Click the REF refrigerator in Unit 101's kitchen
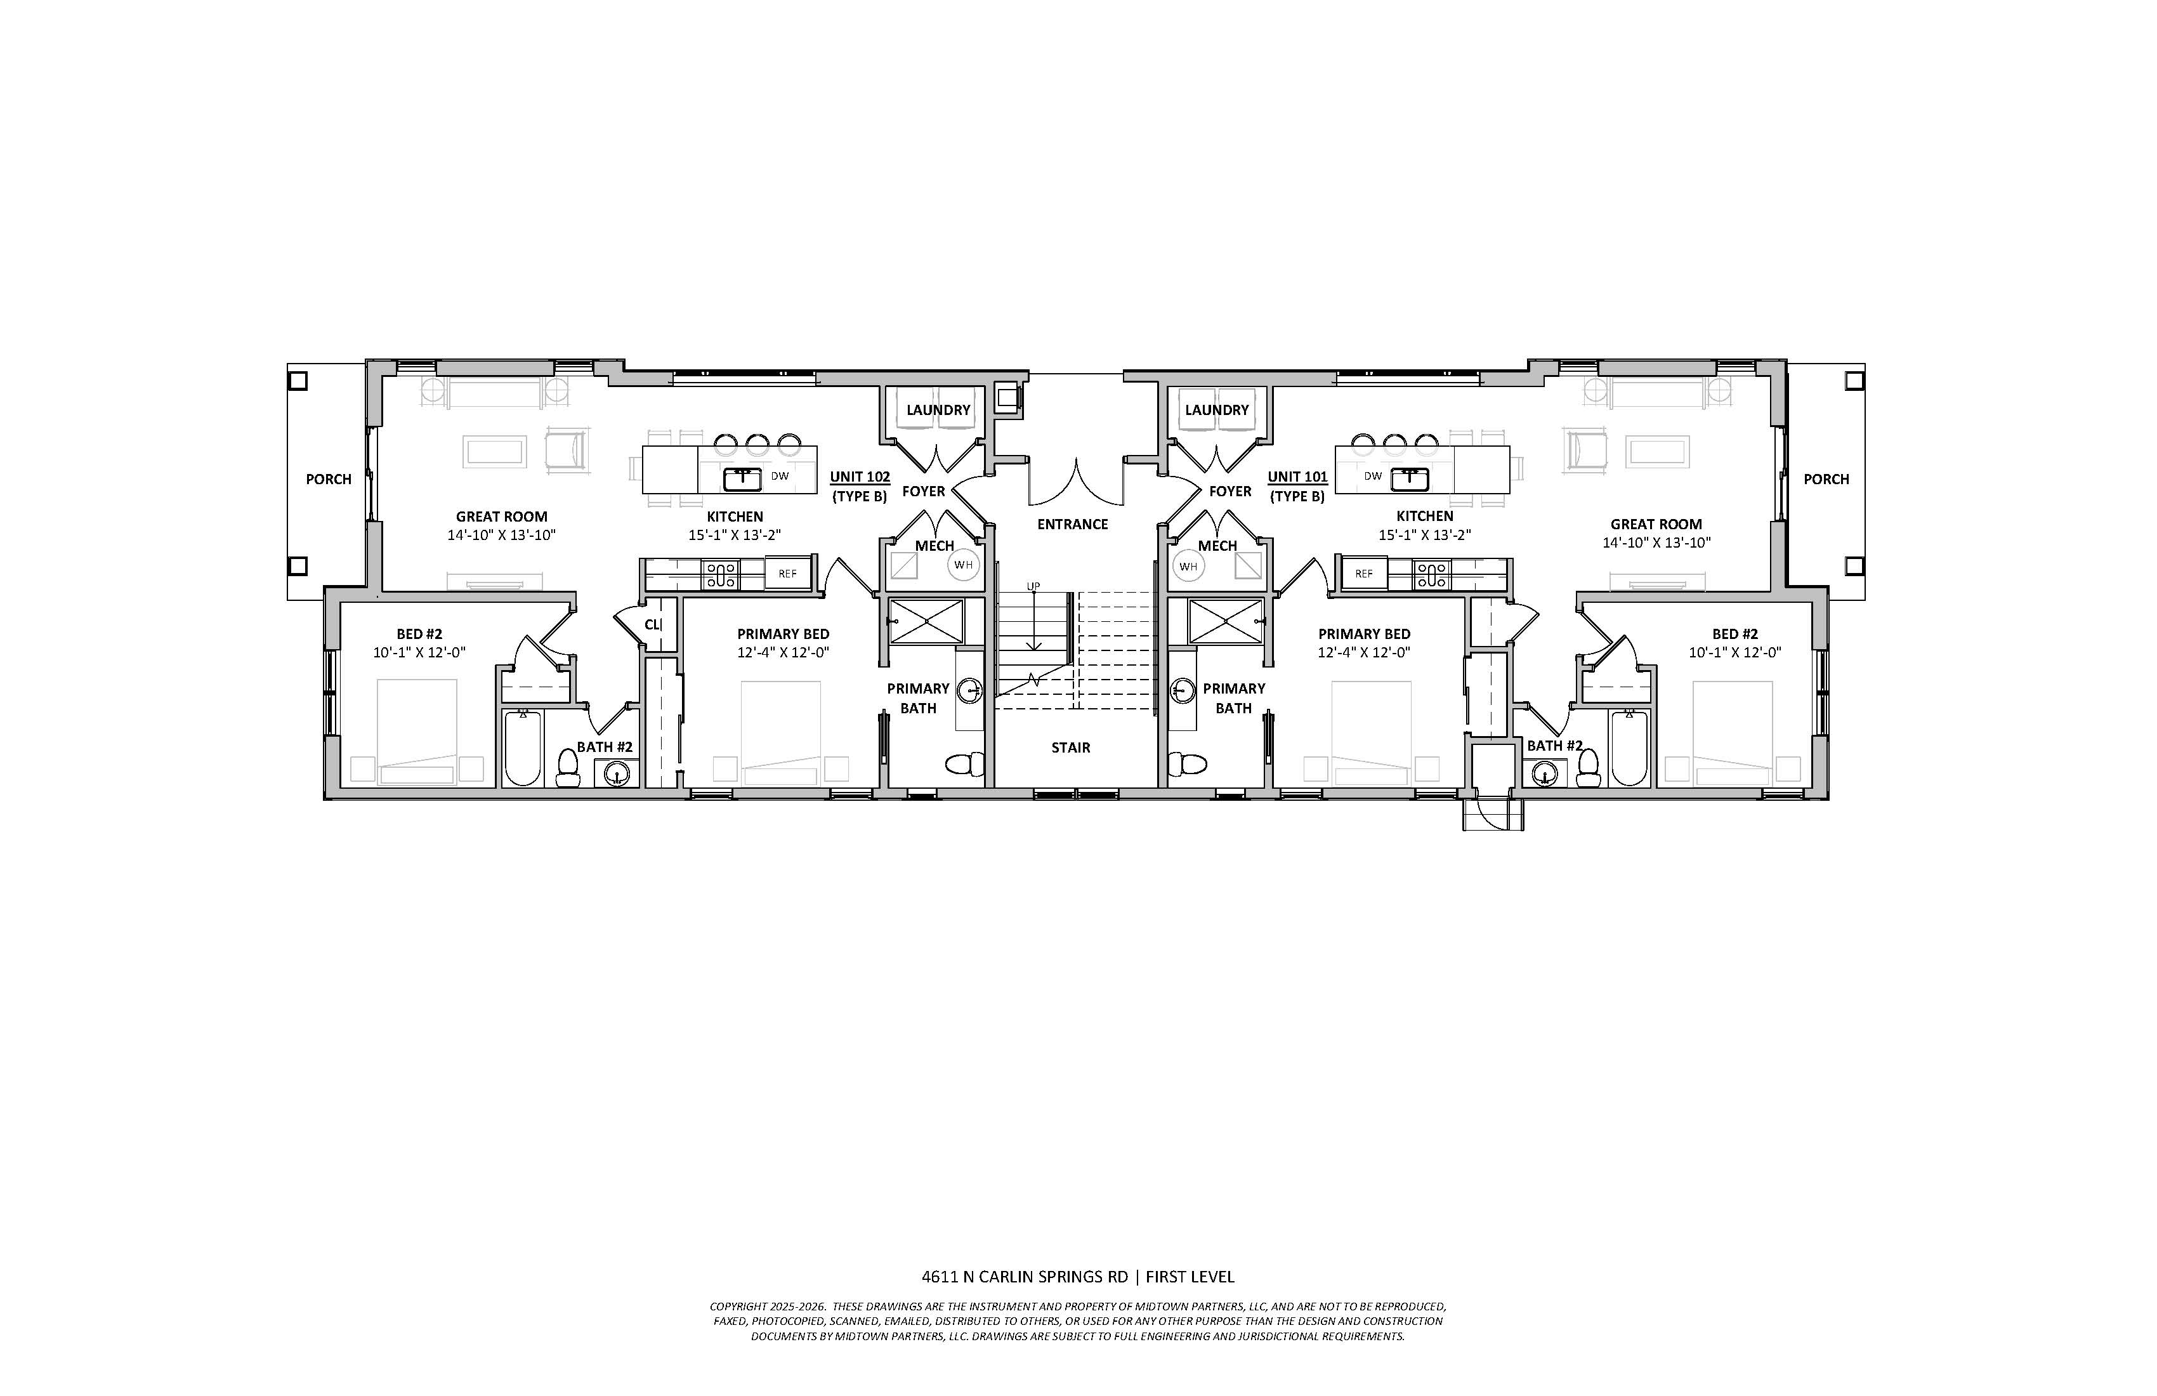[x=1364, y=574]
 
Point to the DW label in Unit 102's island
[x=780, y=476]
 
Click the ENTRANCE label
[x=1073, y=524]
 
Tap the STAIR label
[x=1072, y=748]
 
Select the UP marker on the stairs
[x=1033, y=586]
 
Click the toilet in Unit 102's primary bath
[x=965, y=764]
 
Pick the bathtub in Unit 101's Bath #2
[x=1629, y=748]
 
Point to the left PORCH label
[x=328, y=480]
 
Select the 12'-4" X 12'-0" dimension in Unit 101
[x=1364, y=653]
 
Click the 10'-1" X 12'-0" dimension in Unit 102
[x=419, y=653]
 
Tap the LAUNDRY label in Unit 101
[x=1217, y=410]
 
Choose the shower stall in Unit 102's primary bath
[x=926, y=621]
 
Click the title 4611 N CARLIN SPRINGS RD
[x=1025, y=1277]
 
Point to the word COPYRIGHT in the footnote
[x=738, y=1307]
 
